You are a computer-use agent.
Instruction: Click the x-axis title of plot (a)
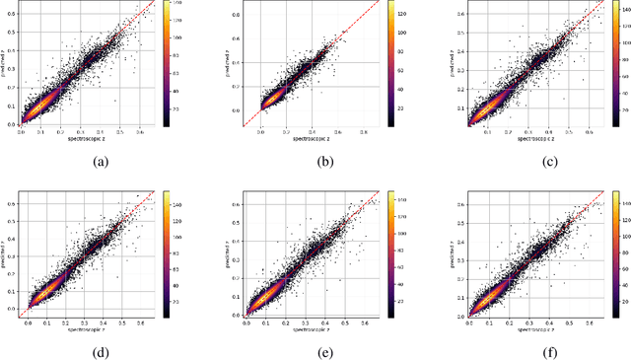tap(81, 139)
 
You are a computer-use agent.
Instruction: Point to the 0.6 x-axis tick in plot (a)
tap(140, 132)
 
